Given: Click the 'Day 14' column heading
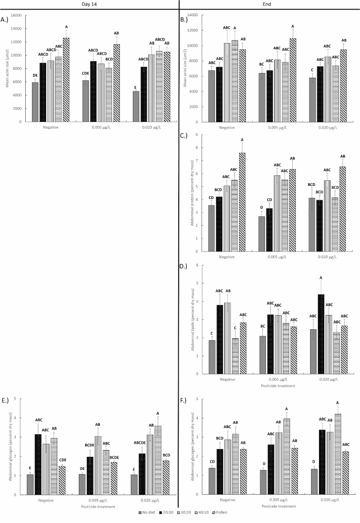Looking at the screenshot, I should pyautogui.click(x=89, y=5).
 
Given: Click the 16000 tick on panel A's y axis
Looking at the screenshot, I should pyautogui.click(x=18, y=15).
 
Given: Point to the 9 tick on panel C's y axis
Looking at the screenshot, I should pyautogui.click(x=196, y=135).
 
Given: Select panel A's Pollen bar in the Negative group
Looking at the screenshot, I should pyautogui.click(x=66, y=79).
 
